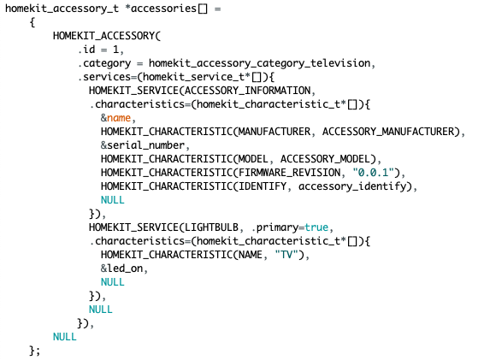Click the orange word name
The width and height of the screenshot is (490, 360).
(119, 118)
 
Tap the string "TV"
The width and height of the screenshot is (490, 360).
(286, 255)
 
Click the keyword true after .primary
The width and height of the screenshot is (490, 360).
(316, 227)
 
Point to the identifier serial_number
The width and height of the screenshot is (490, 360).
(146, 145)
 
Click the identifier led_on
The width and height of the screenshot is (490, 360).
(125, 269)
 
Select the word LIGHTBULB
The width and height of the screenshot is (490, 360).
(211, 227)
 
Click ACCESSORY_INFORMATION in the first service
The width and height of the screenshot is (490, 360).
(248, 91)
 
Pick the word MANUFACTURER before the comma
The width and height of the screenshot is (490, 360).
(275, 132)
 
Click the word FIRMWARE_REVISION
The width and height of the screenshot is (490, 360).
(290, 173)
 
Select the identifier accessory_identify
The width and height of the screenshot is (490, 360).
(352, 186)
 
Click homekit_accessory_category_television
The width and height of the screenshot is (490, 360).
(260, 63)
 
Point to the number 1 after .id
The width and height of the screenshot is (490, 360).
(116, 50)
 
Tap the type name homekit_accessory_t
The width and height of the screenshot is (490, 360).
(62, 9)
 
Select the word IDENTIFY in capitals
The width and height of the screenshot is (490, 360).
(263, 186)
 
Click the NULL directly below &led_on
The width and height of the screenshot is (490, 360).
(113, 282)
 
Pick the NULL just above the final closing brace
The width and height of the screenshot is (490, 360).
(65, 337)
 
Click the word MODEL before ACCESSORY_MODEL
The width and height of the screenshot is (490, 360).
(253, 159)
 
